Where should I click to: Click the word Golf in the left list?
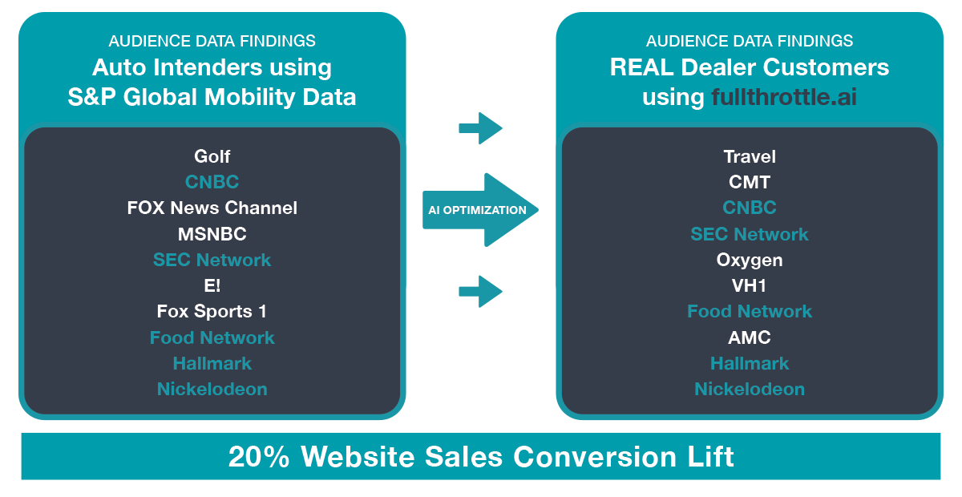(x=212, y=156)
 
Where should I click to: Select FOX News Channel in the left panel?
(x=212, y=208)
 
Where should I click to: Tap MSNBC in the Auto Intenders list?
(x=212, y=234)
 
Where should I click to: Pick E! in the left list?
(x=212, y=285)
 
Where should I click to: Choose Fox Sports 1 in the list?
(x=212, y=312)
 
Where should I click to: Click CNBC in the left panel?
(x=212, y=182)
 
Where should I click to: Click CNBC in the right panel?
(x=750, y=208)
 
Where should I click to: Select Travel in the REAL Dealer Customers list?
(x=750, y=156)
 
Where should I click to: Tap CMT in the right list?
(x=750, y=182)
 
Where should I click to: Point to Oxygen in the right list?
(x=750, y=261)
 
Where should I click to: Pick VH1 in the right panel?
(x=750, y=285)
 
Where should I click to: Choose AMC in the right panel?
(x=750, y=337)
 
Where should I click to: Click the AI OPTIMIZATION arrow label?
(x=477, y=210)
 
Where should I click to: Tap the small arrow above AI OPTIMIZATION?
(x=480, y=128)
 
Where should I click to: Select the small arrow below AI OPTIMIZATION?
(x=480, y=291)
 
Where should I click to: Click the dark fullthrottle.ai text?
(x=784, y=97)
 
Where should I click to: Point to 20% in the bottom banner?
(x=259, y=456)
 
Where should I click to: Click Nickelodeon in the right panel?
(x=750, y=389)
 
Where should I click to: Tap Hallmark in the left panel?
(x=212, y=363)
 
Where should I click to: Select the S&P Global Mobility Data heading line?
(x=212, y=97)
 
